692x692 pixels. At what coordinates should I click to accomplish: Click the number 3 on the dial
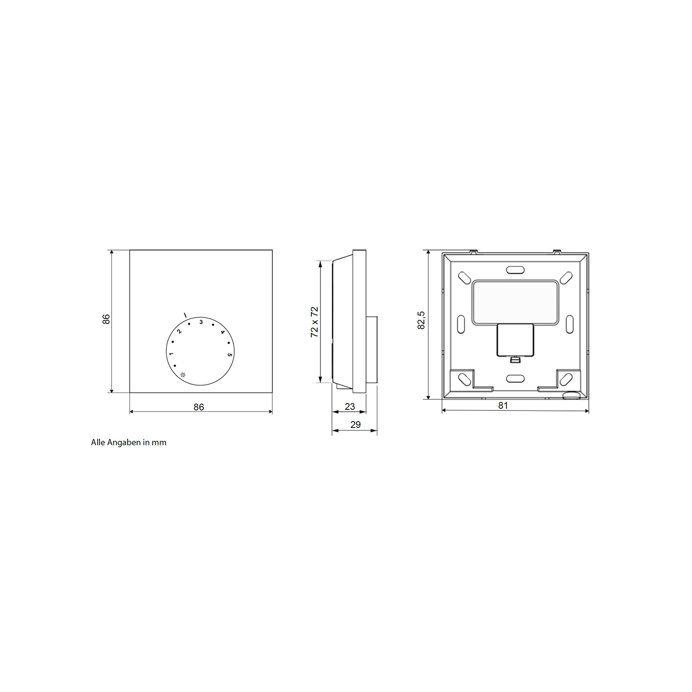pos(201,322)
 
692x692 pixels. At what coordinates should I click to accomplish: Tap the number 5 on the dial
pos(230,355)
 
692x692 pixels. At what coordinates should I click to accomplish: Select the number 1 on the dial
pos(171,354)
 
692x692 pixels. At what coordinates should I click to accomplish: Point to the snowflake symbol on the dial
pos(183,375)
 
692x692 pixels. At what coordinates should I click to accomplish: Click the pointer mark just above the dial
pos(185,315)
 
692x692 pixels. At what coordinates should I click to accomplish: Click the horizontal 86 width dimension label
pos(199,407)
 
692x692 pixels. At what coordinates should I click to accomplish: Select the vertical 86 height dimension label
pos(106,319)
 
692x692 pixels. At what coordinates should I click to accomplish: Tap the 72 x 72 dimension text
pos(314,322)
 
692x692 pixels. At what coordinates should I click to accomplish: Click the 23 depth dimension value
pos(349,407)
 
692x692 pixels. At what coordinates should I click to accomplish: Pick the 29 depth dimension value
pos(355,425)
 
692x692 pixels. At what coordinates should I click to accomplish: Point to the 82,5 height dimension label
pos(421,320)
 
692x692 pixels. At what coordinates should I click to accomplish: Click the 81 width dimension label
pos(503,406)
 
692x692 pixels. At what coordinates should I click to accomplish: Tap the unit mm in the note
pos(159,442)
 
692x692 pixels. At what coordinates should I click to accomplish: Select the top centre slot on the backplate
pos(515,270)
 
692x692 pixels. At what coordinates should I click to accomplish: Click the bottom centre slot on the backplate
pos(515,379)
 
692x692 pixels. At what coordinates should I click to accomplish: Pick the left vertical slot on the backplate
pos(461,324)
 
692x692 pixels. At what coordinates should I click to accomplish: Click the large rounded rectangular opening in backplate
pos(515,302)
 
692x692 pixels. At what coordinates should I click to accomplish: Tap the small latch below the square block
pos(515,360)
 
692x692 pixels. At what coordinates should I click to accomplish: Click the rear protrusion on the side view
pos(372,349)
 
